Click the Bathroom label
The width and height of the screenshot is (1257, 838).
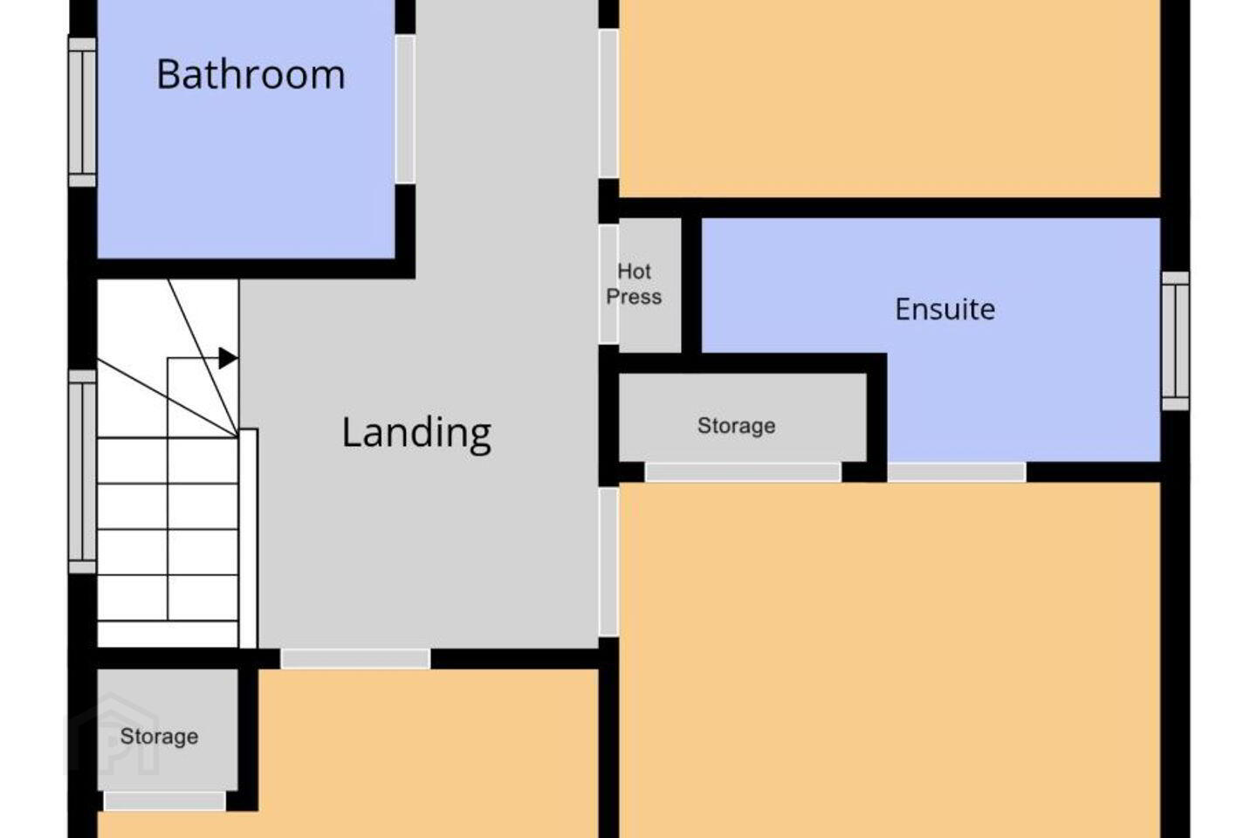coord(251,75)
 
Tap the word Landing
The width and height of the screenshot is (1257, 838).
coord(416,433)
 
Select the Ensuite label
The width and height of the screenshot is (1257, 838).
coord(945,309)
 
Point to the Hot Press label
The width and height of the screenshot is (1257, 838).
coord(634,284)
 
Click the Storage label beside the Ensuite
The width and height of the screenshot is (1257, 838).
coord(736,426)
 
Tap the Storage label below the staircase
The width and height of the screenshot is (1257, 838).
coord(159,737)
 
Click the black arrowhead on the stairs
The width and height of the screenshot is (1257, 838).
coord(228,358)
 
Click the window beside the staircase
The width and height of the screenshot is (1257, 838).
coord(82,471)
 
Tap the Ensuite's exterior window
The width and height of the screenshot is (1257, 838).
coord(1175,341)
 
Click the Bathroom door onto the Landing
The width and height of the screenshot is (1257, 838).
coord(405,109)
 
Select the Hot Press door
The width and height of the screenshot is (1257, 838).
coord(609,284)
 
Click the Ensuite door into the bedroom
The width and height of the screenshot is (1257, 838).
coord(957,472)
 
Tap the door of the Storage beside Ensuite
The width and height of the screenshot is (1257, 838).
coord(742,472)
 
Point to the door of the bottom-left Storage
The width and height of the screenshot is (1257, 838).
coord(165,801)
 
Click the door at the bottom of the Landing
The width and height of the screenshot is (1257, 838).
coord(355,659)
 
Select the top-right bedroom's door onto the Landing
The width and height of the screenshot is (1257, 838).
coord(609,104)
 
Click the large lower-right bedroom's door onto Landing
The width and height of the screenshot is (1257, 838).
coord(609,562)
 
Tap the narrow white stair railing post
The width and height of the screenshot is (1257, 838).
coord(249,539)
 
